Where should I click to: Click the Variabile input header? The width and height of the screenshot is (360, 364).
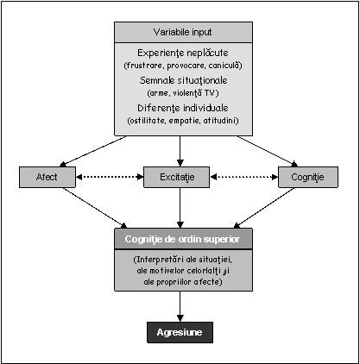click(x=183, y=32)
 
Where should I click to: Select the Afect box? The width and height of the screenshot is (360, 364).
click(x=47, y=177)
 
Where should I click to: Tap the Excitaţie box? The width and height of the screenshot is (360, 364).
click(x=176, y=177)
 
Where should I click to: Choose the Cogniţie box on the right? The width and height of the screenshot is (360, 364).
click(x=308, y=177)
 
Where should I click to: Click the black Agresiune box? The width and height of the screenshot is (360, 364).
click(x=180, y=332)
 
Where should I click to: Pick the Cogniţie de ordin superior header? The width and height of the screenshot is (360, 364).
click(x=183, y=239)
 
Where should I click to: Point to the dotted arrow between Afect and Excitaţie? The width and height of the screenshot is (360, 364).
click(x=110, y=177)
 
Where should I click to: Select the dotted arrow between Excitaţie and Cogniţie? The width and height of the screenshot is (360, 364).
click(x=244, y=177)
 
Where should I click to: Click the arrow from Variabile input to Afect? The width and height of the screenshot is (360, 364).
click(x=93, y=152)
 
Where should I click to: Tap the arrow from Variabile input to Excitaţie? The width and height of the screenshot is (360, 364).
click(x=180, y=151)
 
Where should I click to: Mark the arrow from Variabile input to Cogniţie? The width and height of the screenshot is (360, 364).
click(x=268, y=152)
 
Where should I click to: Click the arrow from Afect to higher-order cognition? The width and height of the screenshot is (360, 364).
click(x=95, y=208)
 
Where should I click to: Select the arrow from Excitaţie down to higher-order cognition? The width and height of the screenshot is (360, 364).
click(x=180, y=208)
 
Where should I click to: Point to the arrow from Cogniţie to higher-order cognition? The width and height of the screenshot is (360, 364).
click(x=264, y=208)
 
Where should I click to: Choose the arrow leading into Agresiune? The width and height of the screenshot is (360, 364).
click(x=180, y=306)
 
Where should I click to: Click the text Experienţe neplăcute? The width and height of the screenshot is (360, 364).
click(x=183, y=53)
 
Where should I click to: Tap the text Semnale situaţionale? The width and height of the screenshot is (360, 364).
click(x=183, y=80)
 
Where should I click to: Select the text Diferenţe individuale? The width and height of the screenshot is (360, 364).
click(x=183, y=108)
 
